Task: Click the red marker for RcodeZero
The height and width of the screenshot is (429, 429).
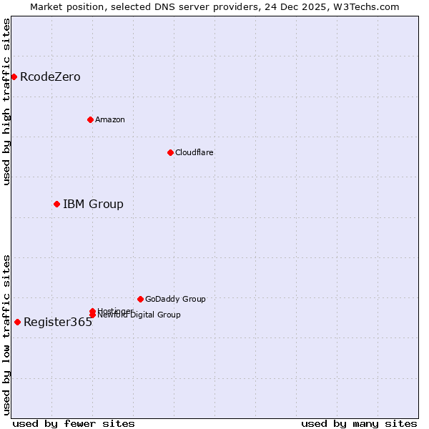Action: point(14,77)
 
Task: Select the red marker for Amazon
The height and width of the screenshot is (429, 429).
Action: point(90,119)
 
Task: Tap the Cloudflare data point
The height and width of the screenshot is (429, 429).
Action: point(170,152)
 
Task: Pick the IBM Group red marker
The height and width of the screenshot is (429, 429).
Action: point(56,204)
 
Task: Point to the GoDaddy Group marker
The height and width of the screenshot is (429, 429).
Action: point(140,299)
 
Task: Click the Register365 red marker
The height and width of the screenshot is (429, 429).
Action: point(17,322)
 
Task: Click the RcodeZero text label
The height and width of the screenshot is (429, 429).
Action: point(50,77)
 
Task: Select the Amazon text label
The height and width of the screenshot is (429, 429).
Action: point(110,119)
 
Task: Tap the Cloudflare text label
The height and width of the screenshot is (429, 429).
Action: point(194,152)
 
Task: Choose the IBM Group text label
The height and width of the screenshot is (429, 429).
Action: point(93,204)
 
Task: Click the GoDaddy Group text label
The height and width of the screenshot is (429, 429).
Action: point(175,299)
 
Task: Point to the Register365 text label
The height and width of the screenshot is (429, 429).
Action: point(58,322)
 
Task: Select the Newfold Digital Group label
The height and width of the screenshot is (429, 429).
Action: point(139,315)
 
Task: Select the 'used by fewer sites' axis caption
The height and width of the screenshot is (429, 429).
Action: point(74,423)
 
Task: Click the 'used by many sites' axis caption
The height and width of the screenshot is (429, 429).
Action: point(359,423)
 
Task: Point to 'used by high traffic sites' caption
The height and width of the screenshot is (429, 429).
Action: point(6,102)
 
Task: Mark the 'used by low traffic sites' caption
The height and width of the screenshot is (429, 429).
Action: point(6,335)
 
